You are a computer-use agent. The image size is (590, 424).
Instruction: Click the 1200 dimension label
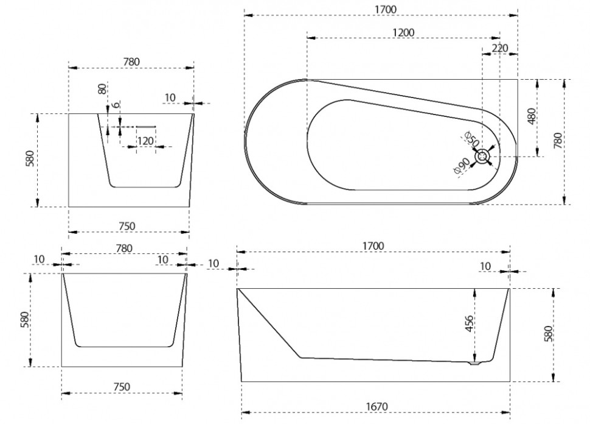[x=403, y=32]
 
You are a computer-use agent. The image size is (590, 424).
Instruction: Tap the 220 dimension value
[x=500, y=48]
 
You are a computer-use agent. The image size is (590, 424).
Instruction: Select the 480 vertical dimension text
[x=531, y=117]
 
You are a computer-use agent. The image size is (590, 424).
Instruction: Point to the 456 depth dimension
[x=469, y=323]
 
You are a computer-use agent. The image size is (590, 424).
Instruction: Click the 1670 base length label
[x=377, y=407]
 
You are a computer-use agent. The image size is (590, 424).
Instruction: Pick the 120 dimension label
[x=145, y=141]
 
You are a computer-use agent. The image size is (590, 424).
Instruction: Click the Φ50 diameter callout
[x=472, y=139]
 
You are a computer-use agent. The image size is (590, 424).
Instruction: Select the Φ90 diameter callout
[x=462, y=166]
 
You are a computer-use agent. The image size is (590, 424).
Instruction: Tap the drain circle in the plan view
[x=482, y=156]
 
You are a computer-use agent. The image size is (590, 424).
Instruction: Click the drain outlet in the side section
[x=474, y=363]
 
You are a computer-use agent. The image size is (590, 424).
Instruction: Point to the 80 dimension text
[x=102, y=89]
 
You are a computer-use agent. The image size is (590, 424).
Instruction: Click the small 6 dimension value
[x=116, y=104]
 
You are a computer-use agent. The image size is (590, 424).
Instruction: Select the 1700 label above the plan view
[x=386, y=9]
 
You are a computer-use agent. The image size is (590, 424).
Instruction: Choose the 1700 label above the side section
[x=373, y=246]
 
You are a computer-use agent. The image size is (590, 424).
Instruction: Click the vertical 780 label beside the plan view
[x=558, y=140]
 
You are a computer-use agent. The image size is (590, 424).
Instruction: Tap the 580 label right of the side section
[x=548, y=334]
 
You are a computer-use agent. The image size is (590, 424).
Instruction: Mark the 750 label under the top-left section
[x=127, y=226]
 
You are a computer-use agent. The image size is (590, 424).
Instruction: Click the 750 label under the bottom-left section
[x=122, y=387]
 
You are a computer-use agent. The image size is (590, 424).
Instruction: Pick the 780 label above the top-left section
[x=131, y=62]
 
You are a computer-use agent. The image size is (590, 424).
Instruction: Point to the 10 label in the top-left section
[x=170, y=97]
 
